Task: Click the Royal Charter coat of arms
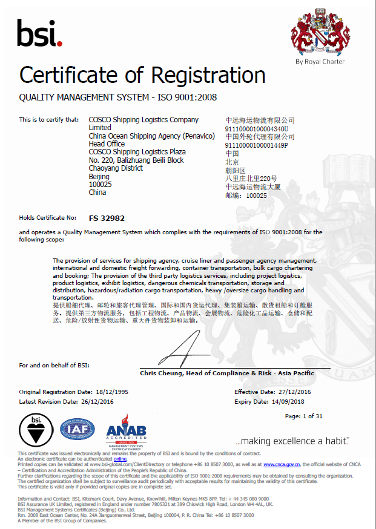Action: (320, 33)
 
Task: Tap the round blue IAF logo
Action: (77, 430)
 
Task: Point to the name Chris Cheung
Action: (159, 373)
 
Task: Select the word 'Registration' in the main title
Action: (208, 75)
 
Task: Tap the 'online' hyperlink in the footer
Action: (120, 459)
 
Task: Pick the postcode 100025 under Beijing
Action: (97, 185)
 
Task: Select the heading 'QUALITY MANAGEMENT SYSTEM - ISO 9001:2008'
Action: (118, 97)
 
